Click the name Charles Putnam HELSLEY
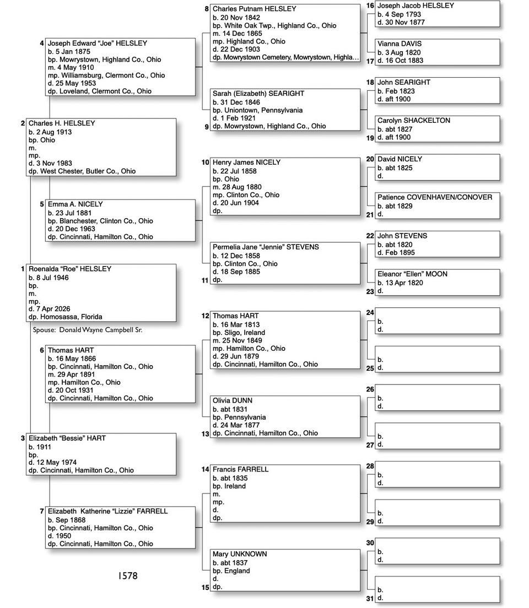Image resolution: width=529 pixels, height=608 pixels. (x=254, y=9)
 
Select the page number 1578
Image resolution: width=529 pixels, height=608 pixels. (x=127, y=576)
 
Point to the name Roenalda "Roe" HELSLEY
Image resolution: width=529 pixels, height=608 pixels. (x=70, y=269)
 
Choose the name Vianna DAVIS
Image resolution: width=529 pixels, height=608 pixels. (x=400, y=44)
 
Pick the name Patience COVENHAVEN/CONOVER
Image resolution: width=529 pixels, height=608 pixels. (x=435, y=197)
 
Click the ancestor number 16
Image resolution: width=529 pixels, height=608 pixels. (x=370, y=6)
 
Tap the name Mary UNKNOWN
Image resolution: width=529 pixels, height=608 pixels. (x=240, y=554)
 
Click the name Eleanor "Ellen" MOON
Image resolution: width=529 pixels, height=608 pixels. (x=412, y=274)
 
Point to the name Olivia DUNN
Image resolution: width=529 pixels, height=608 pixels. (x=233, y=401)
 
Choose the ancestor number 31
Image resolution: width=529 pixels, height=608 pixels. (x=370, y=599)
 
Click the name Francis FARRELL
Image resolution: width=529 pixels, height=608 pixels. (x=241, y=470)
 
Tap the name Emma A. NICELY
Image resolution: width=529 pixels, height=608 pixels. (x=75, y=204)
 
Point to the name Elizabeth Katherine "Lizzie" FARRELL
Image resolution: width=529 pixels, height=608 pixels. (x=107, y=512)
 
